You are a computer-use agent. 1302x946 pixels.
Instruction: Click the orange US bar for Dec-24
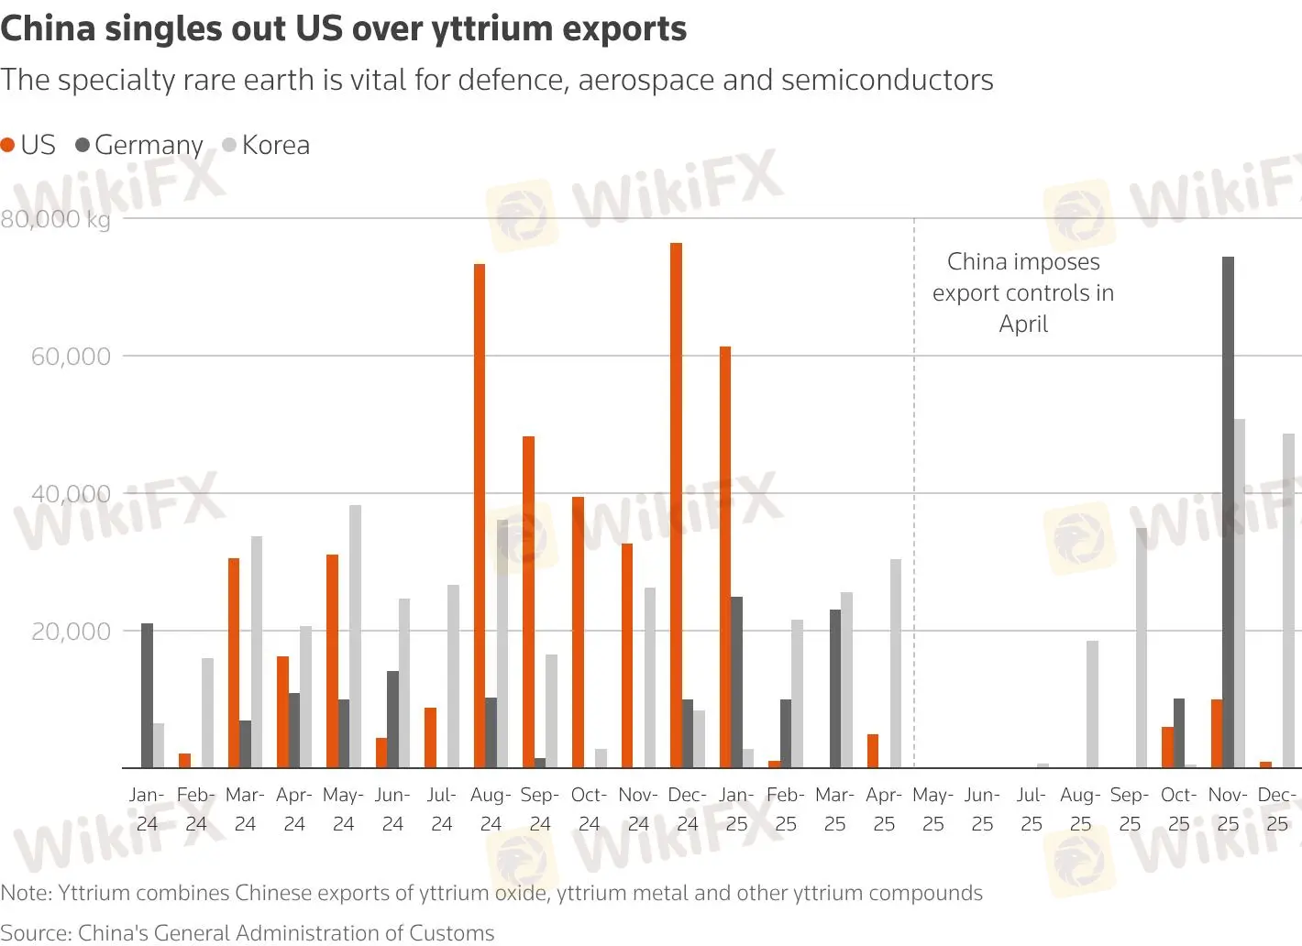click(676, 505)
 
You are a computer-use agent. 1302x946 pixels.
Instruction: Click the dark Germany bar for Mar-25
click(835, 687)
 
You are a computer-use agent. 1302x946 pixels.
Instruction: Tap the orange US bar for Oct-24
click(578, 632)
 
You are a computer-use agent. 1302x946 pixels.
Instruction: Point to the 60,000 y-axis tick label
click(71, 357)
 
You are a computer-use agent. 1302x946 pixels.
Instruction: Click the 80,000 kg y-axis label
click(55, 219)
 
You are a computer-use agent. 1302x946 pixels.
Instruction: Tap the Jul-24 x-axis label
click(441, 808)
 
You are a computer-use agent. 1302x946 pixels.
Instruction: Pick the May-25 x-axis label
click(932, 808)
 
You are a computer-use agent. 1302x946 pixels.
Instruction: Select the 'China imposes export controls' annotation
click(1023, 292)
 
